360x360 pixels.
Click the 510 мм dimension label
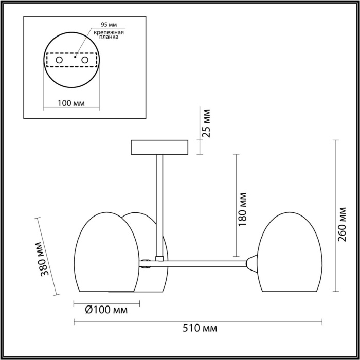coord(199,328)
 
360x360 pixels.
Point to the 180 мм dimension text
coord(243,209)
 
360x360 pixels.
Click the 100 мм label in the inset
coord(71,103)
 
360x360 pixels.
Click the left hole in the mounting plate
coord(59,61)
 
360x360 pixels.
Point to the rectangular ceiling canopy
coord(160,147)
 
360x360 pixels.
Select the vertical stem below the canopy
coord(159,206)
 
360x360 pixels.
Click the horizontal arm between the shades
coord(206,264)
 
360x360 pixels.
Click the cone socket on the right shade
coord(251,262)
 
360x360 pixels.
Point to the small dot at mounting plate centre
coord(75,57)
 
